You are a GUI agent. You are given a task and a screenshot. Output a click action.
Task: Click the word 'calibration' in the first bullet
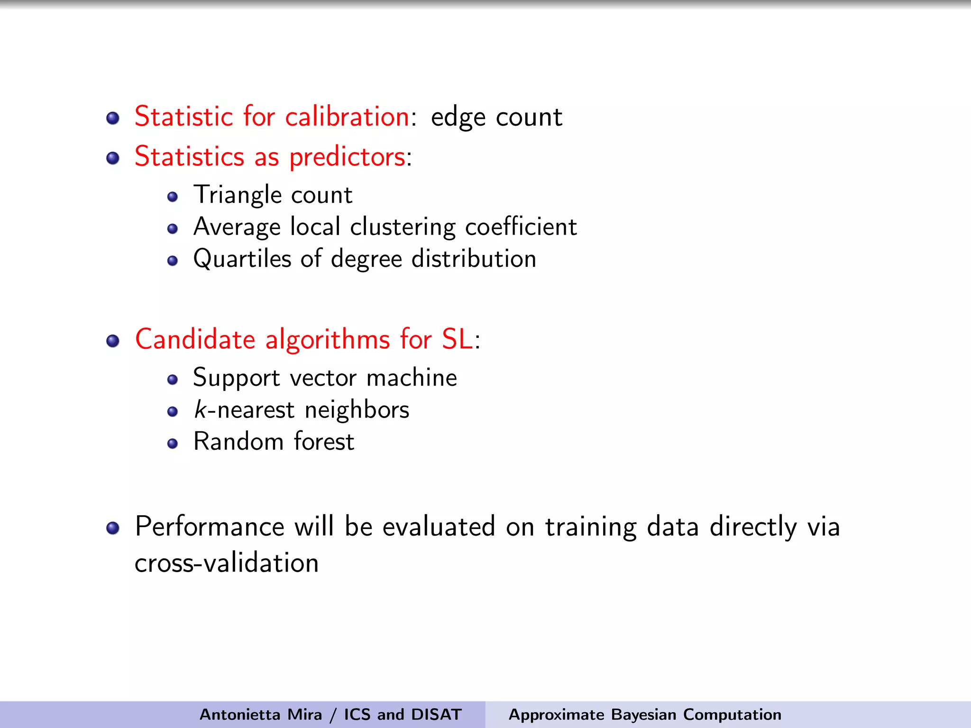347,117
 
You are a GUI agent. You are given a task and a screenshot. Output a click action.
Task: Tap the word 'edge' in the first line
458,118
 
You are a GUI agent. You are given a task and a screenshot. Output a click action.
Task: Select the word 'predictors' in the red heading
347,157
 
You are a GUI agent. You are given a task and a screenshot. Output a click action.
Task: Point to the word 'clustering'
402,227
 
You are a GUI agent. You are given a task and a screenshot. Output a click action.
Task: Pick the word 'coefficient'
521,227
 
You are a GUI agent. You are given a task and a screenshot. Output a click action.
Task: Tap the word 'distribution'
474,259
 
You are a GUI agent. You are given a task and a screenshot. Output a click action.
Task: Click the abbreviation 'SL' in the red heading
457,339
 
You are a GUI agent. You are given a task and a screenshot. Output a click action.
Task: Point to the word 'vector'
323,378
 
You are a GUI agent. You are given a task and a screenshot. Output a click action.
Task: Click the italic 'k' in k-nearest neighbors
200,409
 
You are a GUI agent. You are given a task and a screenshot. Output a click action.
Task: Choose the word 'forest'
324,442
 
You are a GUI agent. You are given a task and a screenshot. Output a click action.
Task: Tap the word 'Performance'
210,527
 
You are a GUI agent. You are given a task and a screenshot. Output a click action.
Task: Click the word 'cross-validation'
227,564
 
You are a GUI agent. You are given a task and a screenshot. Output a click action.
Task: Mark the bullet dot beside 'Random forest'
173,444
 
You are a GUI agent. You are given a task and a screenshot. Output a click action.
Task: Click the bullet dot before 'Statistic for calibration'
113,118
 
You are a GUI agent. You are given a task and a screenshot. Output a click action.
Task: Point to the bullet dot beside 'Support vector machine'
173,380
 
